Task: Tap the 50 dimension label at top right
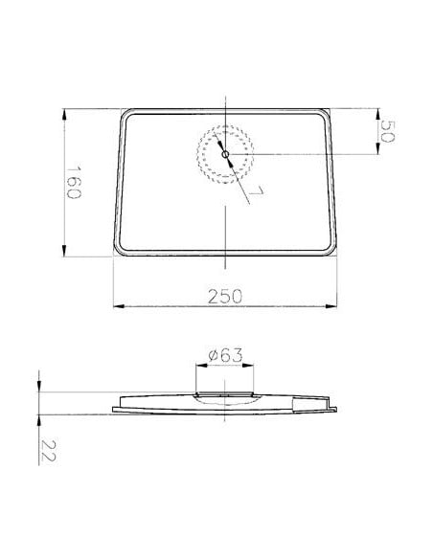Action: coord(388,131)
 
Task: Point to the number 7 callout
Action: coord(257,194)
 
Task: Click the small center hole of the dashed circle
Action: coord(224,153)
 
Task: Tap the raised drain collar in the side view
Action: coord(225,391)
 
